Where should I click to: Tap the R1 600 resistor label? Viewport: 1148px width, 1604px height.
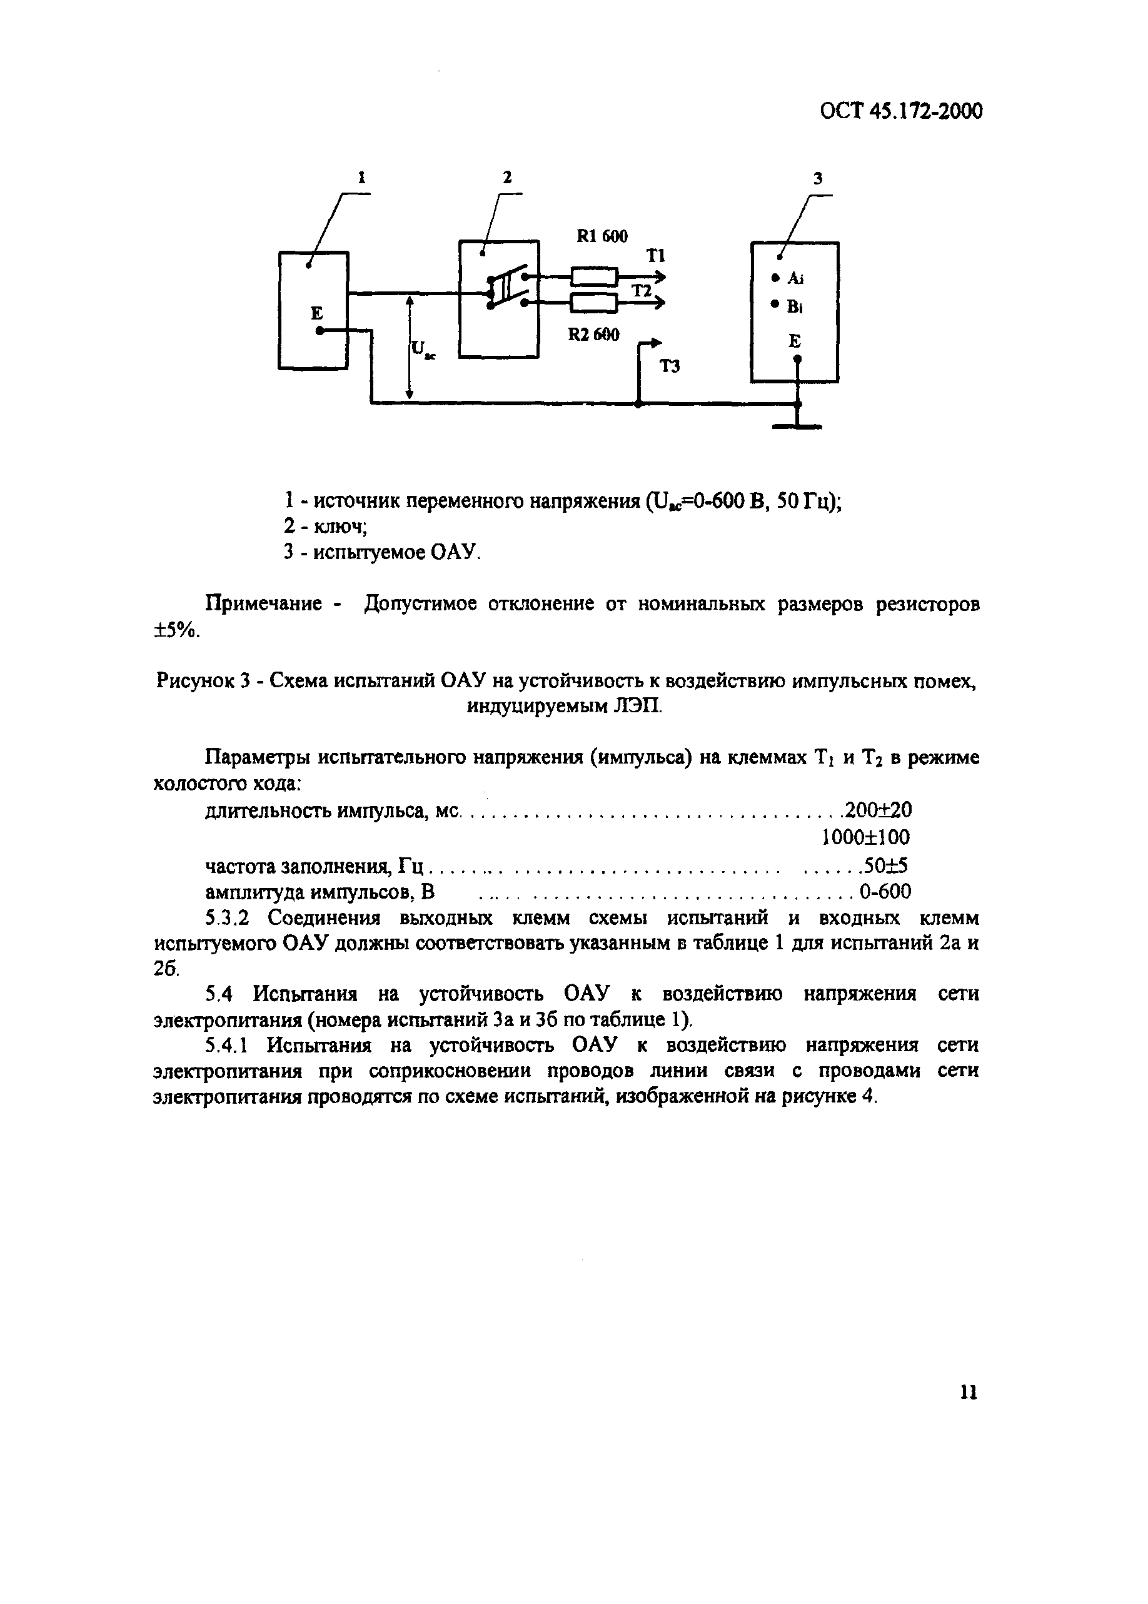click(602, 236)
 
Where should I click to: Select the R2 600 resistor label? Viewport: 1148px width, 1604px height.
click(593, 335)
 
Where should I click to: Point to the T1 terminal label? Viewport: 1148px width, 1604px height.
click(655, 256)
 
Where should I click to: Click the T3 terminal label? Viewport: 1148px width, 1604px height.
click(670, 366)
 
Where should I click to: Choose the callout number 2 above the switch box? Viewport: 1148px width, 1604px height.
click(507, 178)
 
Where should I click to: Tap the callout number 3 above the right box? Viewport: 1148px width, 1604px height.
click(817, 179)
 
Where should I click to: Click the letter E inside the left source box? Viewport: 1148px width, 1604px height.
click(316, 313)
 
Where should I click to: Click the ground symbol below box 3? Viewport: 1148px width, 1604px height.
click(797, 426)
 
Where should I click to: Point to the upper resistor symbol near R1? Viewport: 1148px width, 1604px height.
click(595, 276)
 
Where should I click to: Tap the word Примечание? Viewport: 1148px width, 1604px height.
click(263, 605)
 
